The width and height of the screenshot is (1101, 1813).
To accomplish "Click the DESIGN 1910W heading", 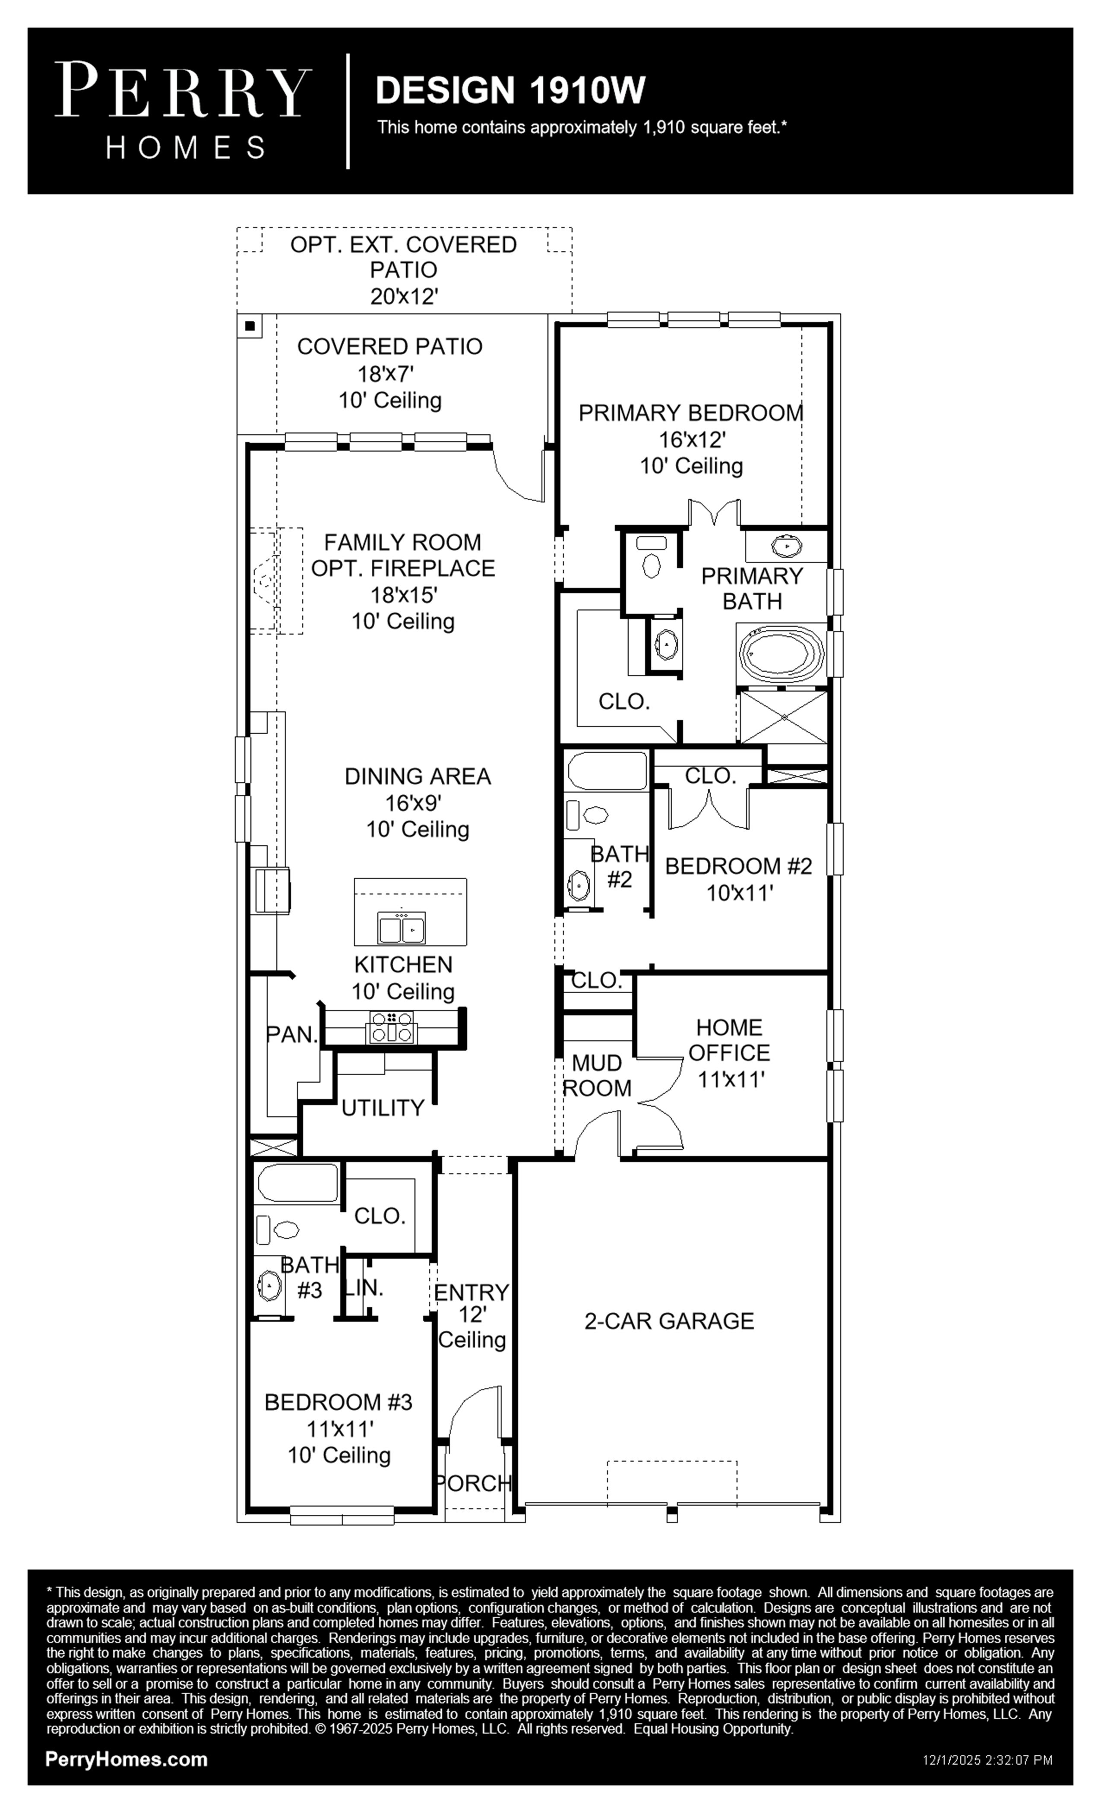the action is pyautogui.click(x=510, y=90).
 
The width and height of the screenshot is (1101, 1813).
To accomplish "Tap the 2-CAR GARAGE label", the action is pyautogui.click(x=669, y=1321).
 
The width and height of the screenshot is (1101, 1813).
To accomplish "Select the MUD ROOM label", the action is pyautogui.click(x=597, y=1075).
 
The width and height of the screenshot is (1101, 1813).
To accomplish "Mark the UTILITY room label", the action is pyautogui.click(x=383, y=1107).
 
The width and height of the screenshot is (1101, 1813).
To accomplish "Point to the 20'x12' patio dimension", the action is pyautogui.click(x=404, y=297).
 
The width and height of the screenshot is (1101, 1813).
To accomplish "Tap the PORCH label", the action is pyautogui.click(x=473, y=1483).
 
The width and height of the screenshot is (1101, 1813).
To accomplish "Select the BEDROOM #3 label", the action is pyautogui.click(x=339, y=1402).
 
